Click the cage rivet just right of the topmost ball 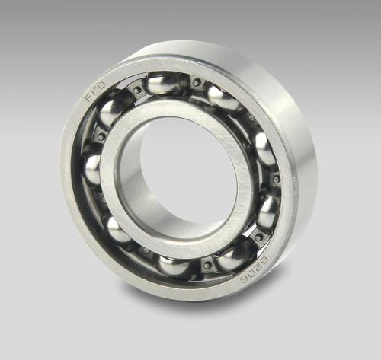point(197,82)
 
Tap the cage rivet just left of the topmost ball point(137,90)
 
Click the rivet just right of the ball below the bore point(206,266)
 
